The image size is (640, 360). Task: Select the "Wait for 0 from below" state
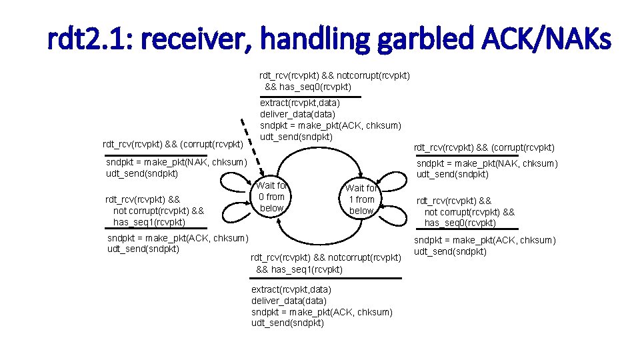(x=271, y=197)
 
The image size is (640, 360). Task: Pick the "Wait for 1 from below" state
(x=361, y=199)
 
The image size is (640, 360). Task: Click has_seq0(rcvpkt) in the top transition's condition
(x=308, y=87)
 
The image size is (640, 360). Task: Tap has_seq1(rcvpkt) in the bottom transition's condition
(x=299, y=269)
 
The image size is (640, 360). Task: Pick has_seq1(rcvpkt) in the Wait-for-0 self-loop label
(x=149, y=222)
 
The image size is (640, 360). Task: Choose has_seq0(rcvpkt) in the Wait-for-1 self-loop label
(x=460, y=223)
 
